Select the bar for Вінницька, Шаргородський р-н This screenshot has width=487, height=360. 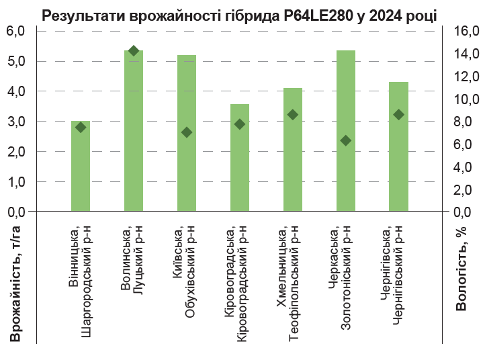coord(81,168)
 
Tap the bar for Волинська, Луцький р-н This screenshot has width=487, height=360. coord(134,134)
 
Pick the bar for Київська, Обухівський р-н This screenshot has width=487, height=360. coord(187,168)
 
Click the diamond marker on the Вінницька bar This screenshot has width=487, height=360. coord(81,127)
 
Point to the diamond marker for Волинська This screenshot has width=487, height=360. coord(134,51)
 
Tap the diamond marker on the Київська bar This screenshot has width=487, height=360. coord(187,132)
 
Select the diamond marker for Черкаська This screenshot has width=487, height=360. coord(346,140)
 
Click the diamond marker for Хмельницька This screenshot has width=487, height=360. coord(293,115)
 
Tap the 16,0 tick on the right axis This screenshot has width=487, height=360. coord(466,31)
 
